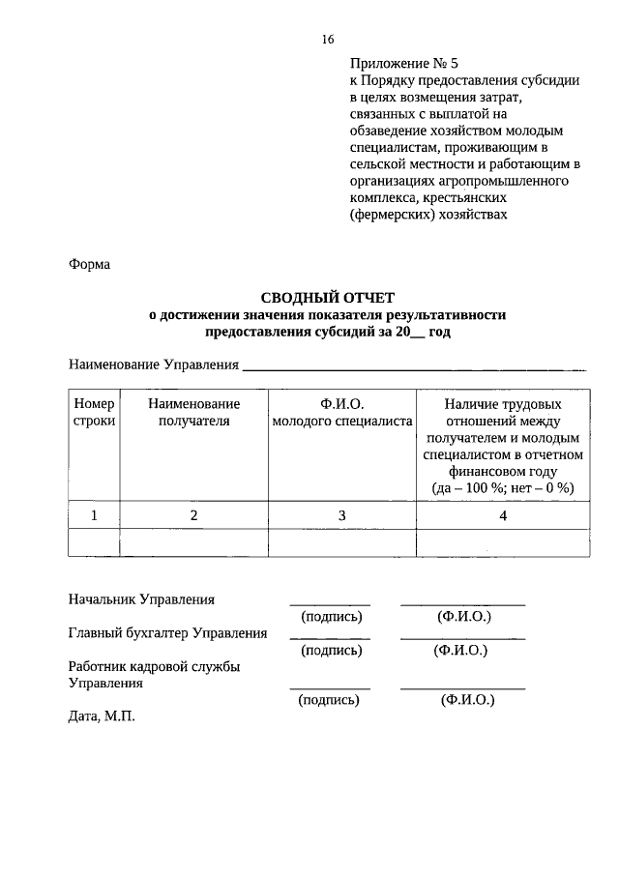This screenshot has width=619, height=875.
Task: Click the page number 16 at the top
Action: pyautogui.click(x=327, y=40)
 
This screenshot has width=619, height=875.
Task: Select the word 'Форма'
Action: pyautogui.click(x=89, y=263)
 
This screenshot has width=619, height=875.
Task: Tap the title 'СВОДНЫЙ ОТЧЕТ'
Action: pyautogui.click(x=327, y=298)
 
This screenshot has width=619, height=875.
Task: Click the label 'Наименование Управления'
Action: pyautogui.click(x=153, y=365)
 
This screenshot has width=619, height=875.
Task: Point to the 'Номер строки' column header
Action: pyautogui.click(x=94, y=412)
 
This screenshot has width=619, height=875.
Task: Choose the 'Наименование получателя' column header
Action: pyautogui.click(x=193, y=412)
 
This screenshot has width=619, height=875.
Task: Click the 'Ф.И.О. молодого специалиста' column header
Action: pyautogui.click(x=342, y=412)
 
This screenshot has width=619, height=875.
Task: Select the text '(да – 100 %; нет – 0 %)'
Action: pyautogui.click(x=503, y=487)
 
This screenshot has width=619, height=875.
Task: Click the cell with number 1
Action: pyautogui.click(x=94, y=515)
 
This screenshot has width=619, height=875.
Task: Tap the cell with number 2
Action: pyautogui.click(x=193, y=515)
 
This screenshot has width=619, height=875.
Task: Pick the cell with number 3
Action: pyautogui.click(x=342, y=515)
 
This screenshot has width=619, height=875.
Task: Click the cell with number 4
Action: pyautogui.click(x=503, y=515)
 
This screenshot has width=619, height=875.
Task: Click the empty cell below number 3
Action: pyautogui.click(x=342, y=543)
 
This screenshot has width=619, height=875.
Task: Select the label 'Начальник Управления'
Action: pyautogui.click(x=141, y=599)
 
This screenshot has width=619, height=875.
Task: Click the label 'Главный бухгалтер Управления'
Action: pyautogui.click(x=167, y=633)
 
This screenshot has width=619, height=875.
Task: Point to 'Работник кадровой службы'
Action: pyautogui.click(x=154, y=666)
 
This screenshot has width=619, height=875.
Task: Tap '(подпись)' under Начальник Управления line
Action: pyautogui.click(x=331, y=616)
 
